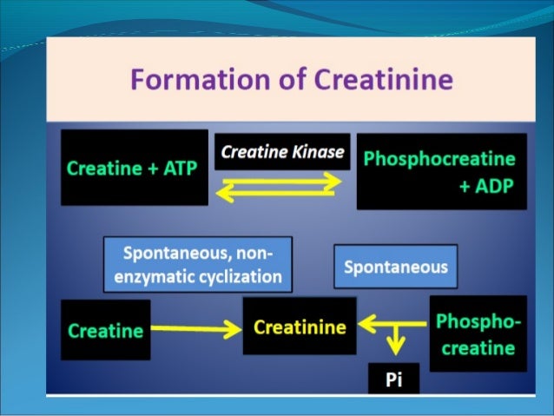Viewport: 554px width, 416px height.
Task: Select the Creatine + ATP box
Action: coord(134,168)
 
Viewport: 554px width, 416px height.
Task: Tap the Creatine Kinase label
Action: coord(282,152)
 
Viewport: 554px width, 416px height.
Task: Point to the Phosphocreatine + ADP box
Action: coord(441,172)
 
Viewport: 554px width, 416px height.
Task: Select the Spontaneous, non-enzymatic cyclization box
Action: coord(197,265)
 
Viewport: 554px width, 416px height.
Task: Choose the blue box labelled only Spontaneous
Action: coord(395,266)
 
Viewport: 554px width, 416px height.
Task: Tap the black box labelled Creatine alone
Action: coord(105,330)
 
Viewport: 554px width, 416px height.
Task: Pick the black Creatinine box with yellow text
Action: coord(300,327)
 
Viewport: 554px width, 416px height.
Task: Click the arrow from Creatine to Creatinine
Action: coord(195,328)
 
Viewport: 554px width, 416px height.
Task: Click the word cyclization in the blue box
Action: coord(238,277)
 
